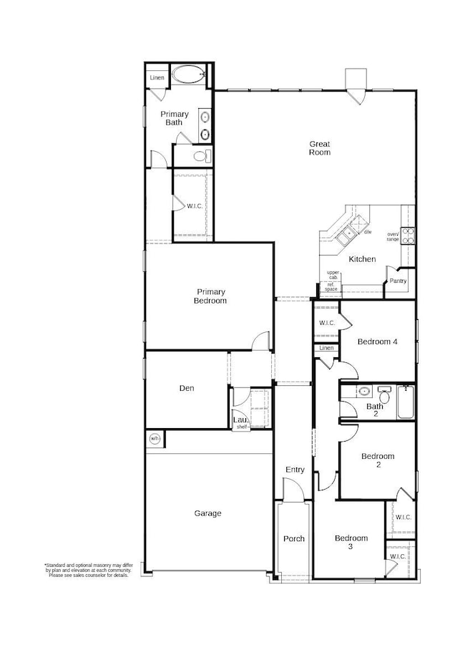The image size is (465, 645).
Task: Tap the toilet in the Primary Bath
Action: pyautogui.click(x=200, y=156)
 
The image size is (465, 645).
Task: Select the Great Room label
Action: pyautogui.click(x=319, y=148)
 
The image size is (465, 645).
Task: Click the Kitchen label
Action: pyautogui.click(x=362, y=259)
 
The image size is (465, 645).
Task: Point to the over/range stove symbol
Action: pyautogui.click(x=408, y=236)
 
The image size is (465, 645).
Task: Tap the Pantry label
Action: pyautogui.click(x=398, y=281)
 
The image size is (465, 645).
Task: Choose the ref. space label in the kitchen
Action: pyautogui.click(x=331, y=287)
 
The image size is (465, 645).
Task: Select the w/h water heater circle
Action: pyautogui.click(x=155, y=438)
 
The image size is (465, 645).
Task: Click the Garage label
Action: pyautogui.click(x=207, y=513)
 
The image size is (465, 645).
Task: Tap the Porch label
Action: pyautogui.click(x=293, y=539)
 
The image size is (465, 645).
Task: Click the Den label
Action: pyautogui.click(x=187, y=389)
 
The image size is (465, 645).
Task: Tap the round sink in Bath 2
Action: pyautogui.click(x=363, y=392)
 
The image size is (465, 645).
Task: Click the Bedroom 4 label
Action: pyautogui.click(x=377, y=341)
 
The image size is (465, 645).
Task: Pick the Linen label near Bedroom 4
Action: pyautogui.click(x=326, y=348)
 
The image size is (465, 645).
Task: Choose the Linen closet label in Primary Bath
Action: pyautogui.click(x=157, y=77)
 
